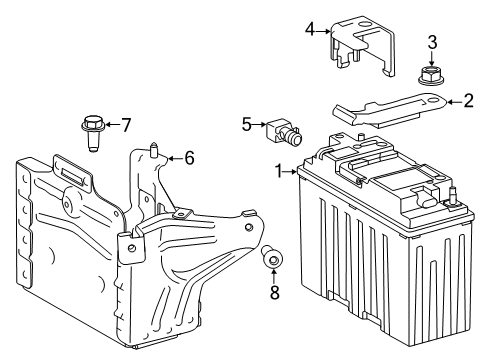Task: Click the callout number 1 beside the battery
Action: coord(279,170)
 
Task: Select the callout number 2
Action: coord(467,100)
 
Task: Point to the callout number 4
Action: coord(310,29)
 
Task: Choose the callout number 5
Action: coord(246,125)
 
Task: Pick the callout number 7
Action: coord(126,125)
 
